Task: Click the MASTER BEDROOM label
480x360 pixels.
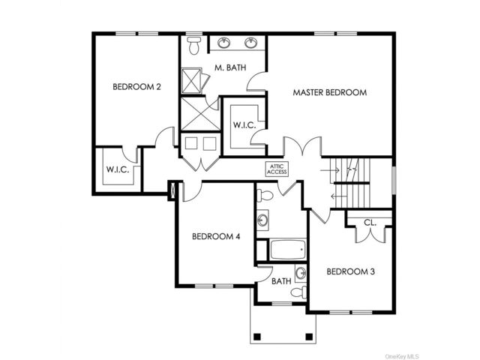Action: click(330, 92)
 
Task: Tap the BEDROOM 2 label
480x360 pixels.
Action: click(136, 87)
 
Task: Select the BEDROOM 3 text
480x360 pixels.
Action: click(350, 271)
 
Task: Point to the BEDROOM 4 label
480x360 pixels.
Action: click(216, 236)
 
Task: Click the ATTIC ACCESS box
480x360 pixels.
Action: click(277, 169)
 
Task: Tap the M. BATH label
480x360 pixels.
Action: click(230, 67)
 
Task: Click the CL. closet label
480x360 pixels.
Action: click(370, 223)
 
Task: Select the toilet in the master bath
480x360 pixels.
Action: click(193, 45)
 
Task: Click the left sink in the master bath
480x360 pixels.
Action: click(224, 42)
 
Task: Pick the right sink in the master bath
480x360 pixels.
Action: click(251, 42)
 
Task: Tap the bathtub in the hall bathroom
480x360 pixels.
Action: click(288, 250)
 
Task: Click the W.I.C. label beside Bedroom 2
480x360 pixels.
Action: click(118, 169)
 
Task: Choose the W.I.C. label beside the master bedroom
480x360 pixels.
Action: click(244, 125)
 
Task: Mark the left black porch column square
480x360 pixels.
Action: click(257, 337)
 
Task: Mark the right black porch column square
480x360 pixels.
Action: click(309, 337)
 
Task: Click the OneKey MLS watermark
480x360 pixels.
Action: click(402, 356)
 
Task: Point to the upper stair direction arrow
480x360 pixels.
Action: click(330, 170)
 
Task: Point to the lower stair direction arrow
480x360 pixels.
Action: click(339, 196)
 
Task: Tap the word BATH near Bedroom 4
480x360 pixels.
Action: click(281, 281)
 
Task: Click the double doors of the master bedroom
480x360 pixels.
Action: click(302, 146)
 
